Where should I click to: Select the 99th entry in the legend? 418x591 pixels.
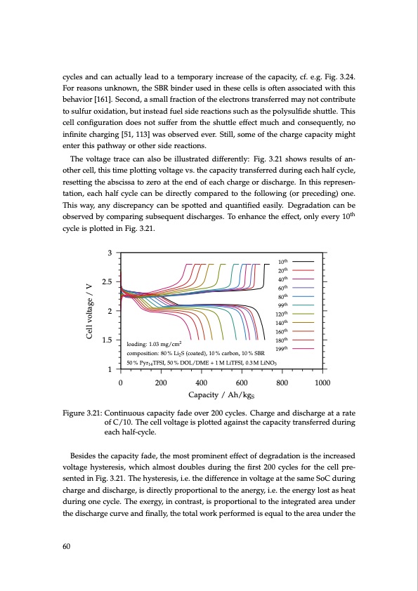(x=284, y=305)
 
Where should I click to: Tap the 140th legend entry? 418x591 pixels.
(x=283, y=322)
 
